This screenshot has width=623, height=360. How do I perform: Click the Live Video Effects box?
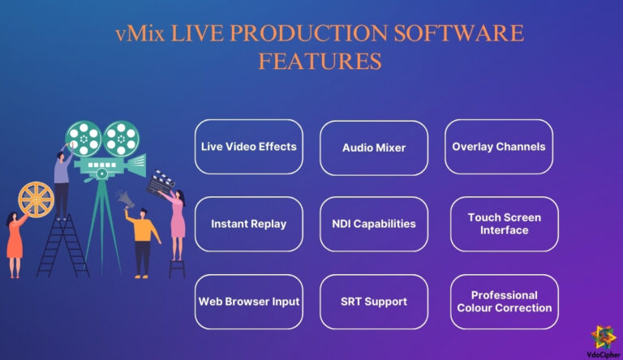pyautogui.click(x=248, y=147)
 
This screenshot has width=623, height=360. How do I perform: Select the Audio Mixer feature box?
pyautogui.click(x=373, y=148)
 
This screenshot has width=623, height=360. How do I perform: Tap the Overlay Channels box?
pyautogui.click(x=498, y=147)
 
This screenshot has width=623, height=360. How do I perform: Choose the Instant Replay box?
pyautogui.click(x=248, y=223)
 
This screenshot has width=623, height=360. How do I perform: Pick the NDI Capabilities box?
pyautogui.click(x=373, y=223)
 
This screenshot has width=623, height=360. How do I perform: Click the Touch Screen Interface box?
pyautogui.click(x=504, y=224)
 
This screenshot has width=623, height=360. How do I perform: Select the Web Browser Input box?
pyautogui.click(x=248, y=301)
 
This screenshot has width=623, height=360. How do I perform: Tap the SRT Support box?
pyautogui.click(x=373, y=302)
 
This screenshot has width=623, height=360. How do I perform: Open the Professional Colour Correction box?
pyautogui.click(x=504, y=302)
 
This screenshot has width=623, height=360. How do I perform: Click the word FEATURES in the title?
pyautogui.click(x=319, y=62)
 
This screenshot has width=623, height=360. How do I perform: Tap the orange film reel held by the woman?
pyautogui.click(x=36, y=199)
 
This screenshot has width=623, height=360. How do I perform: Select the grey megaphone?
pyautogui.click(x=125, y=197)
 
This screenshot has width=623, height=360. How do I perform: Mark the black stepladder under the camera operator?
pyautogui.click(x=64, y=247)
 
